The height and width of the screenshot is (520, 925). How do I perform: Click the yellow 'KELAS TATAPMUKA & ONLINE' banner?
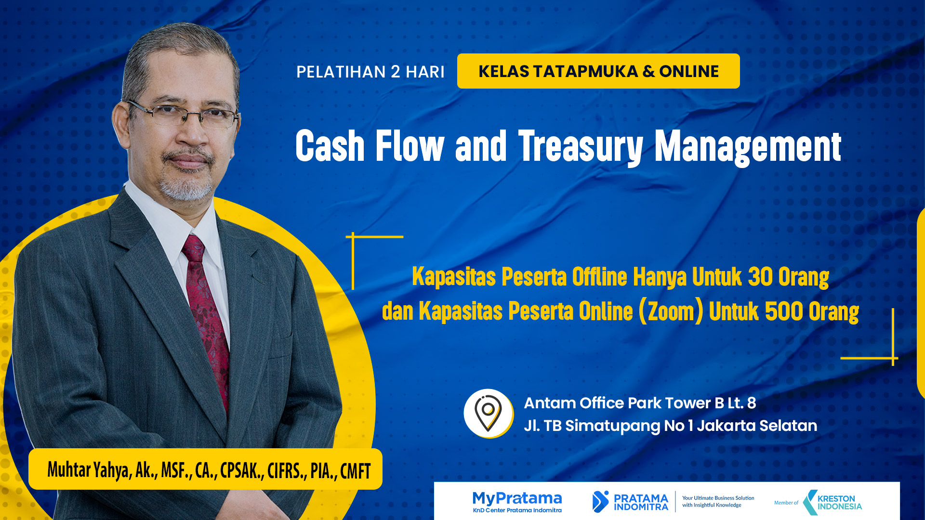click(x=598, y=71)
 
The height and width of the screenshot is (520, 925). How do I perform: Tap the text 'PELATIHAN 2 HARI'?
click(x=370, y=72)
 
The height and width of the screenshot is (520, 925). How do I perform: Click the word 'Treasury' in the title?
click(x=580, y=146)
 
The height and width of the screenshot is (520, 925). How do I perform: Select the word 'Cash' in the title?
click(x=330, y=146)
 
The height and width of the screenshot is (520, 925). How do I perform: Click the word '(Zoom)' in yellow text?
click(x=671, y=311)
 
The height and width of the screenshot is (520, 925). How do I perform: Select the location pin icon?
click(x=488, y=413)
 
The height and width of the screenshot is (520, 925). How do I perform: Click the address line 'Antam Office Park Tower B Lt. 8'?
click(x=640, y=403)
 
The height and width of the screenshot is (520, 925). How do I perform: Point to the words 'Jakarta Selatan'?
click(x=757, y=426)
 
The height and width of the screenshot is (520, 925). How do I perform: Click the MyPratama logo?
click(x=517, y=502)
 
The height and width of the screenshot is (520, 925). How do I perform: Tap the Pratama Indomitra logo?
click(x=630, y=502)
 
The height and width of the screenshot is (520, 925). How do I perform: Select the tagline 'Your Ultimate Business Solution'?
click(x=718, y=498)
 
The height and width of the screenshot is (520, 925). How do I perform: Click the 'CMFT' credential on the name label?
click(x=355, y=471)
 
